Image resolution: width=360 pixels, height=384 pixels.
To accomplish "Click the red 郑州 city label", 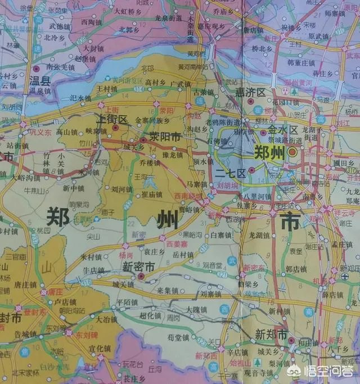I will [x=269, y=153].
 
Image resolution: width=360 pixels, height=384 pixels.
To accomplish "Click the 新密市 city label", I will [x=139, y=268].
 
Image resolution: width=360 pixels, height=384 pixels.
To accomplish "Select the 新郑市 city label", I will [x=271, y=333].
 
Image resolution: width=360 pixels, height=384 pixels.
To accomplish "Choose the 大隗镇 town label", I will [x=197, y=310].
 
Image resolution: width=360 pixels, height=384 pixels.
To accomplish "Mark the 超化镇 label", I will [x=157, y=316].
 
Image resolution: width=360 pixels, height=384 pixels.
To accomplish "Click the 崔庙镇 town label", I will [x=152, y=195].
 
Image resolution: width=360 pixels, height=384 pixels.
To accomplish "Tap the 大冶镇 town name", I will [x=106, y=319].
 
